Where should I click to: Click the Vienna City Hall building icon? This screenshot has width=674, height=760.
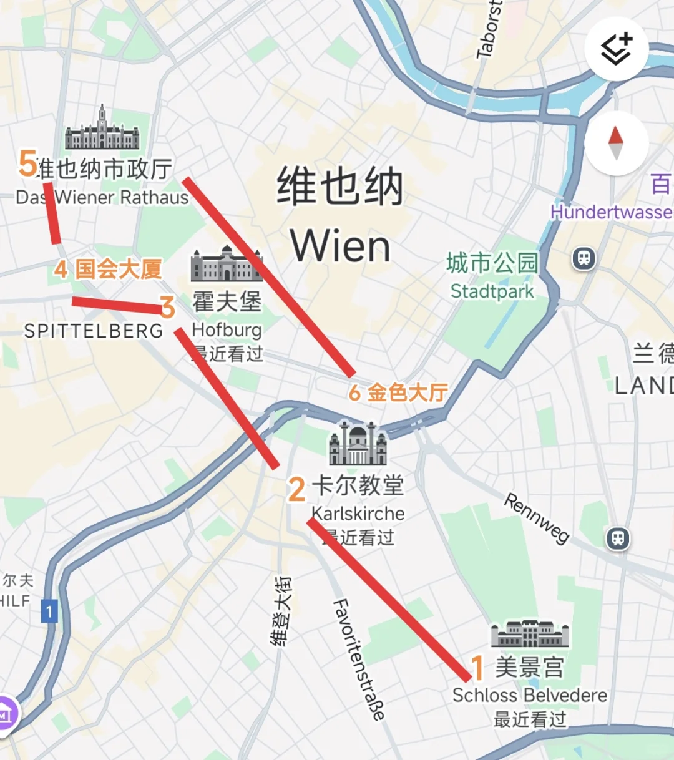point(102,129)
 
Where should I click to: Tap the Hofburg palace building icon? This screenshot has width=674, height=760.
point(227,264)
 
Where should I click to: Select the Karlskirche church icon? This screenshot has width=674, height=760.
point(358,444)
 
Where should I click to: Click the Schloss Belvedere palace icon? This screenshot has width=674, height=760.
point(530,635)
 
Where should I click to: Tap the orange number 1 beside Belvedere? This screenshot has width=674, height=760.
point(478,668)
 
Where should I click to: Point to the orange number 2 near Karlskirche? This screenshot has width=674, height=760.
point(296,489)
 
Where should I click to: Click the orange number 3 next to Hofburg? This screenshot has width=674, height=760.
point(167,307)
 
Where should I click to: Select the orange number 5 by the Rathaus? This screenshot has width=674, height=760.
point(27,163)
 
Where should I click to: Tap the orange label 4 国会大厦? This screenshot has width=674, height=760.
point(108,270)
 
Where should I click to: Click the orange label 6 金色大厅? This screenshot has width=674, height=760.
point(398,392)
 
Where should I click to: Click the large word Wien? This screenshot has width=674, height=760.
point(340,246)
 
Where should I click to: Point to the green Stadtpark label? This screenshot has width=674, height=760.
point(492,291)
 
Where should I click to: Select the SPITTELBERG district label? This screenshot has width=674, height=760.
point(94,331)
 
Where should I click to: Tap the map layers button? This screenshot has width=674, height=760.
point(617,49)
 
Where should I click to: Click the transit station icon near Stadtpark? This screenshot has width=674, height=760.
point(584,258)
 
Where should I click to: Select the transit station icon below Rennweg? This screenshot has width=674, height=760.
point(618,538)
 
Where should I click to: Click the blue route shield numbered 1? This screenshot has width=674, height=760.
point(49,611)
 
